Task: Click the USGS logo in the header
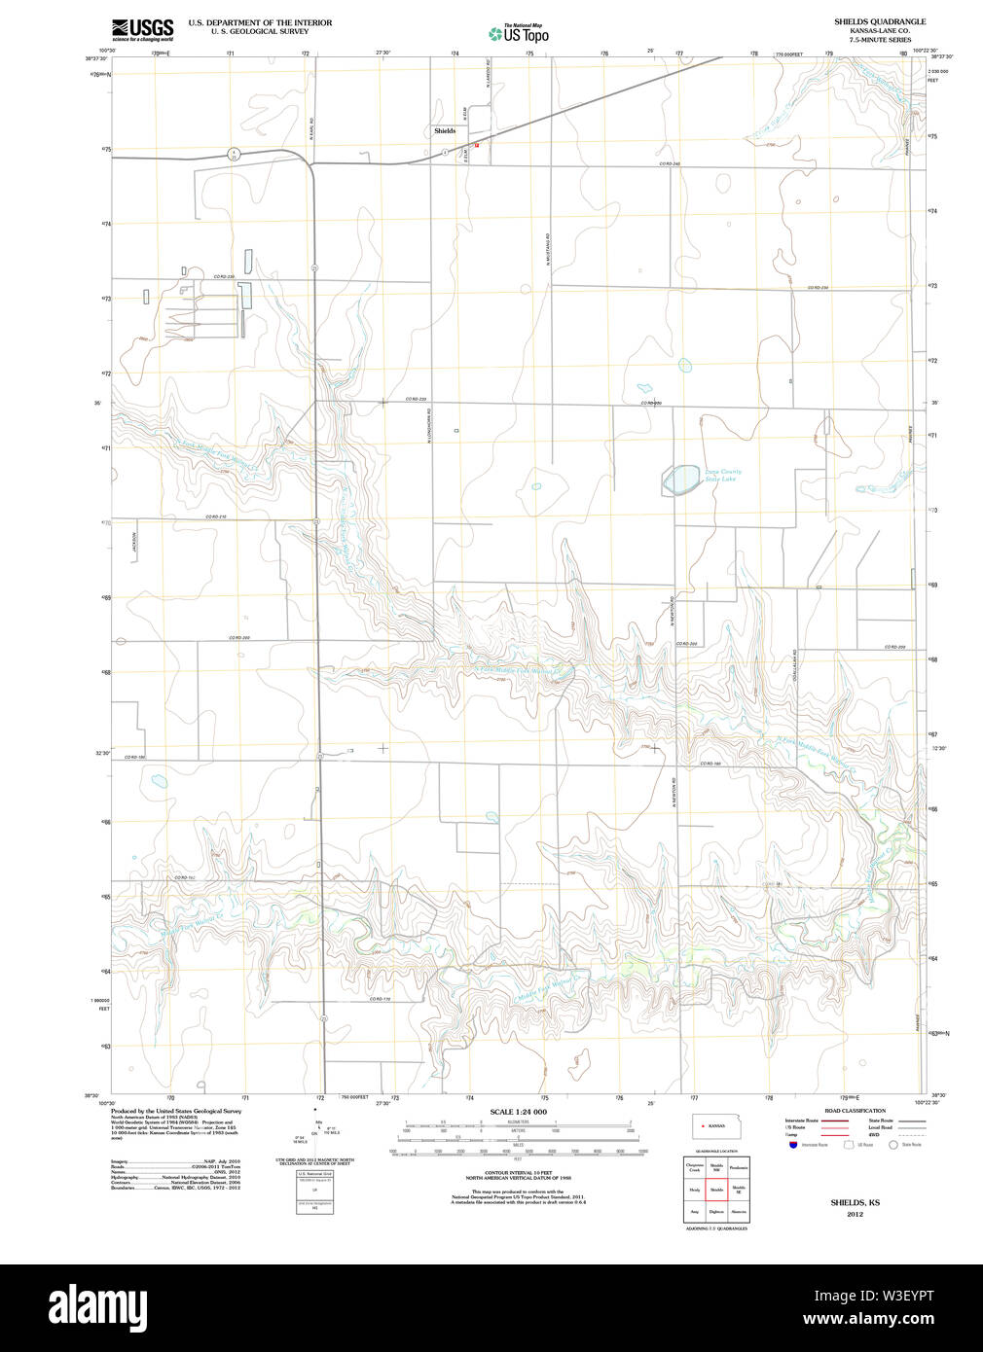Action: [x=142, y=28]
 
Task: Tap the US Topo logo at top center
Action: [x=519, y=34]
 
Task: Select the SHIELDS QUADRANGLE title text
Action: [x=880, y=21]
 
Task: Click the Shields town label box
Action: [x=445, y=130]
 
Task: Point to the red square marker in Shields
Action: [x=476, y=145]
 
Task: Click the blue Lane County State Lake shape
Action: [x=681, y=479]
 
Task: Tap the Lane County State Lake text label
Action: [x=722, y=476]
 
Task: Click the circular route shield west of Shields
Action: [x=234, y=153]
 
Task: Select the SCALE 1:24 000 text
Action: [x=518, y=1112]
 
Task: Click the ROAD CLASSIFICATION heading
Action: [x=855, y=1111]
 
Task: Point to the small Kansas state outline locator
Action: [x=714, y=1125]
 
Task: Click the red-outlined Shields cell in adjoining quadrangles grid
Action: [x=716, y=1190]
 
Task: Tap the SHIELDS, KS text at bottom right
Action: [x=855, y=1203]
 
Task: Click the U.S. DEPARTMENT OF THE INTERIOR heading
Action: [x=260, y=22]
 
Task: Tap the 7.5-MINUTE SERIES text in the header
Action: [x=880, y=40]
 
